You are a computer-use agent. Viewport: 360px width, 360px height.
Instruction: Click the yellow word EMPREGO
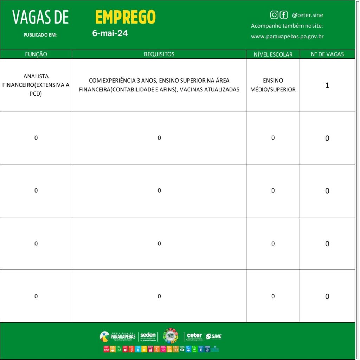[x=125, y=17]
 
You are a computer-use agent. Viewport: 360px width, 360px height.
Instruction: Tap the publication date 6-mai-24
[x=110, y=33]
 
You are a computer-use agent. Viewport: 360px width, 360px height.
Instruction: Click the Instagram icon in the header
[x=274, y=15]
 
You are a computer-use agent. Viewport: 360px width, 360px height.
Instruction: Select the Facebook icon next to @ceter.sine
[x=284, y=15]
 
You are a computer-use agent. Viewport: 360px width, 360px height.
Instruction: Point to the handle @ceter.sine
[x=307, y=15]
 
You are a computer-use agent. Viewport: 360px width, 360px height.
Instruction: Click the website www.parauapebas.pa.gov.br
[x=287, y=36]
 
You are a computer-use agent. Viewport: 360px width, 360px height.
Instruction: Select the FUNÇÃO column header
[x=36, y=54]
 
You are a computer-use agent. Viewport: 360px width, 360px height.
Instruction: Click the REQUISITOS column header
[x=159, y=54]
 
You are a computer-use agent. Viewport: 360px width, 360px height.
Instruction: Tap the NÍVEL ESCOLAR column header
[x=273, y=54]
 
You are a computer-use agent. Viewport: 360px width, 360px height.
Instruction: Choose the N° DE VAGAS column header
[x=327, y=54]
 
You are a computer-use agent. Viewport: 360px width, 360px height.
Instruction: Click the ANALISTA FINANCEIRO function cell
[x=36, y=85]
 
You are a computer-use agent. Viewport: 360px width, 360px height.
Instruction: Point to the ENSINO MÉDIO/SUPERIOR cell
[x=273, y=85]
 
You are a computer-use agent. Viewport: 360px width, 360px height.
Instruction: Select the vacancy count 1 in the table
[x=327, y=85]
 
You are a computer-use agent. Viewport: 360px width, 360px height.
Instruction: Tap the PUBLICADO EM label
[x=40, y=35]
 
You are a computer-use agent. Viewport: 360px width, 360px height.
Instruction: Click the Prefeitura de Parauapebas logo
[x=118, y=336]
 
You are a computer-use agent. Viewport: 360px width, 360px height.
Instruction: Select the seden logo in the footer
[x=148, y=336]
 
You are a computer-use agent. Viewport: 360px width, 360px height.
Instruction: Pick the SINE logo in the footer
[x=214, y=336]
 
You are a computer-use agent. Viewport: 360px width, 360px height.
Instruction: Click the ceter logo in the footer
[x=194, y=336]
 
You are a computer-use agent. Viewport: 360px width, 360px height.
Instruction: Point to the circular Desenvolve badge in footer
[x=171, y=335]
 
